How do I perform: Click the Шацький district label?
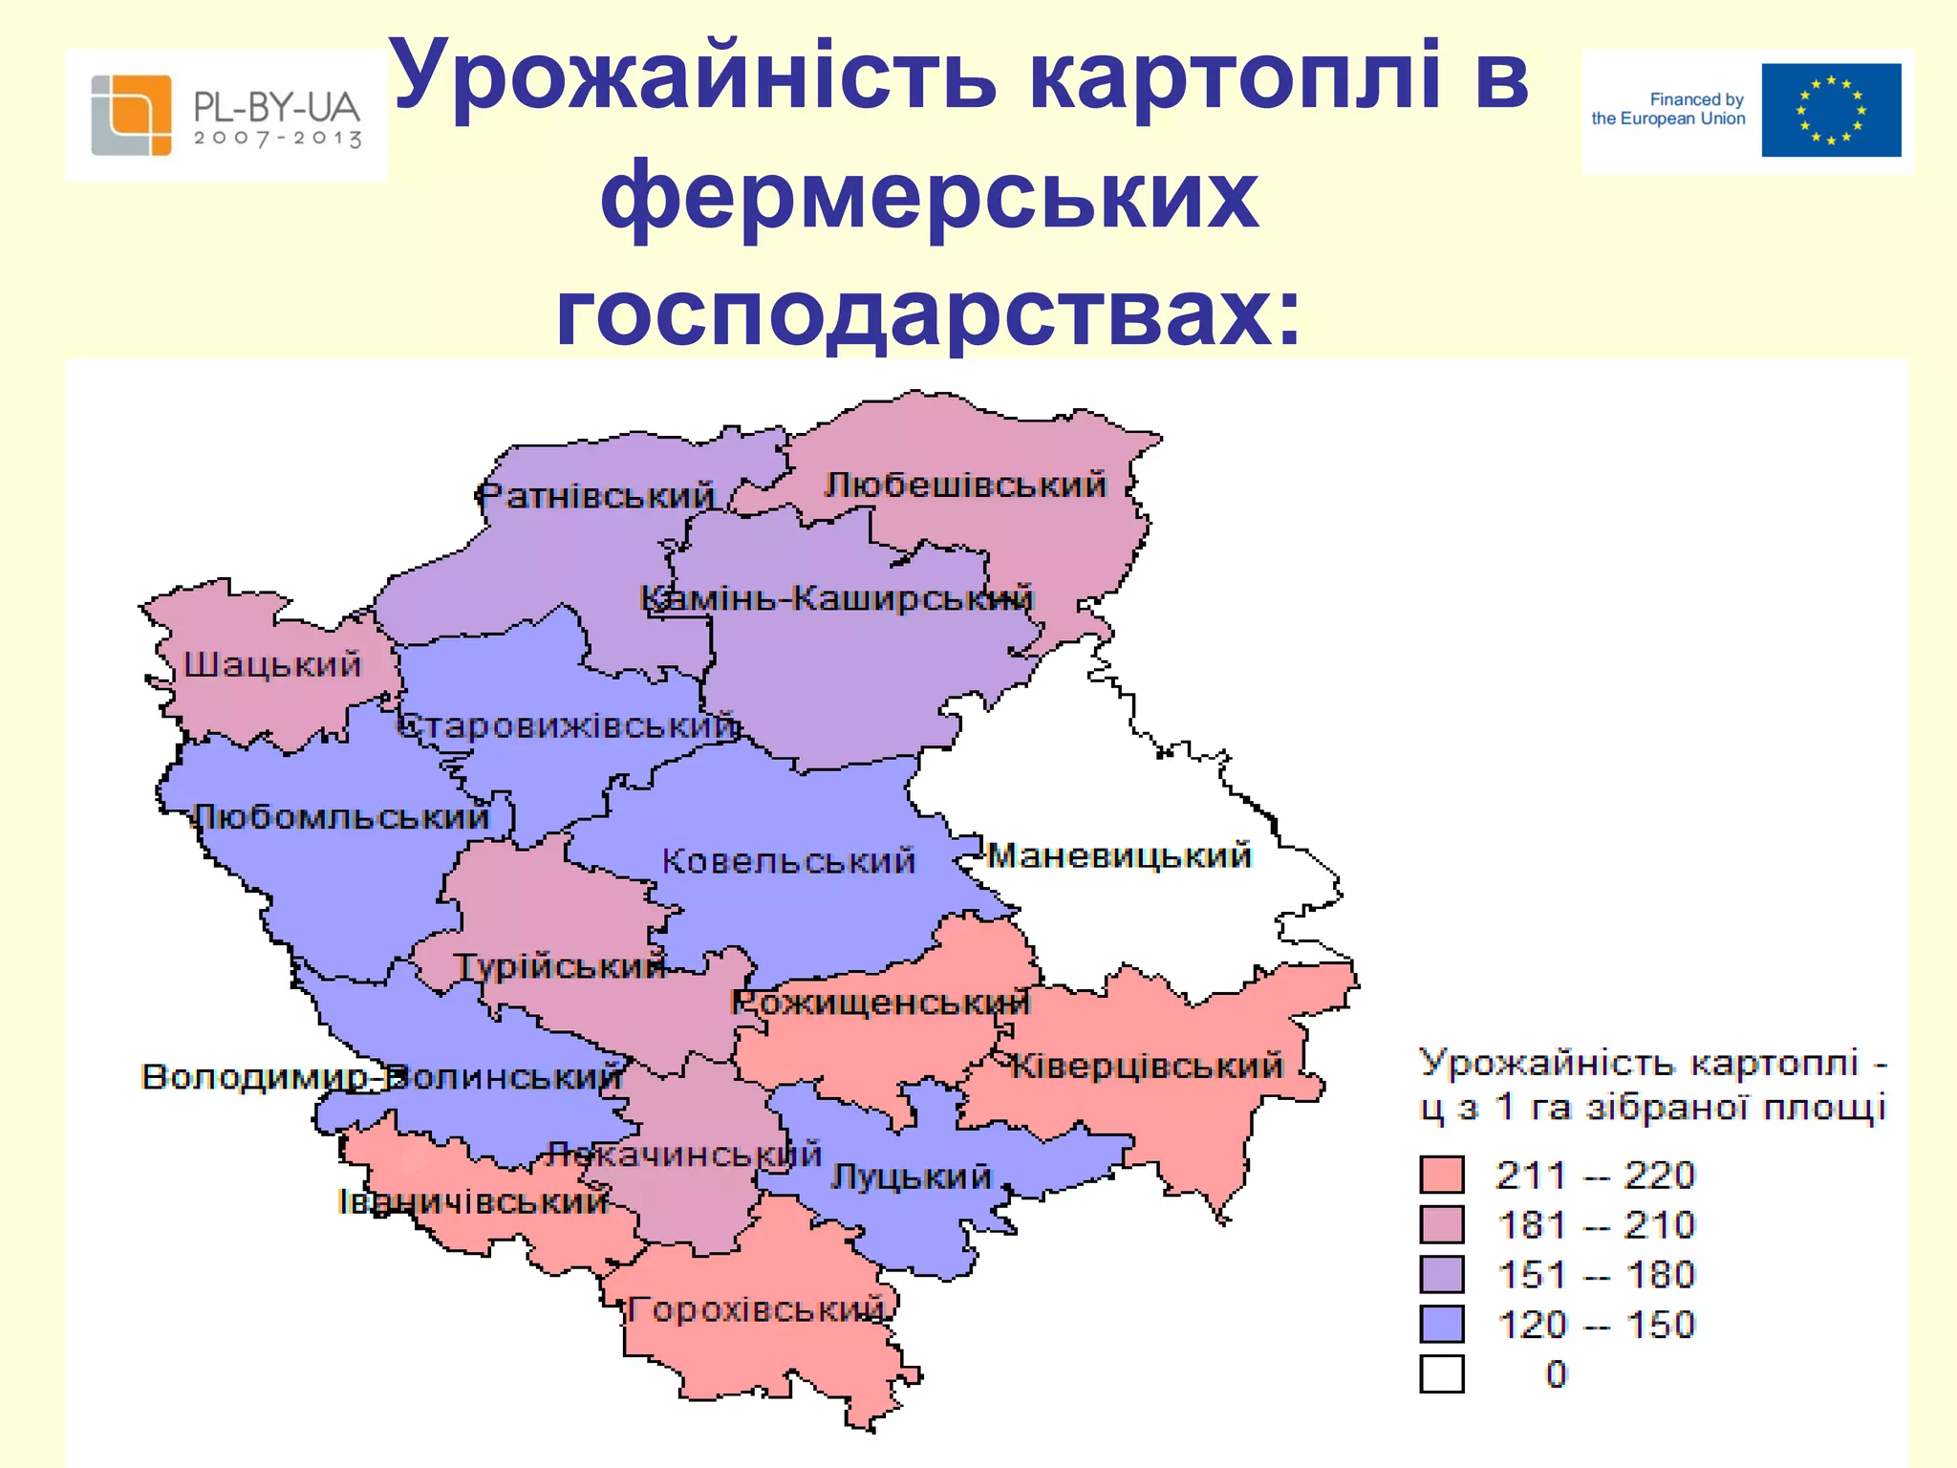coord(272,664)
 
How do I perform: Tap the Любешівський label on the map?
coord(965,486)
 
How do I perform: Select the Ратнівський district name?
coord(595,497)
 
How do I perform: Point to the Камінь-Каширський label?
coord(836,599)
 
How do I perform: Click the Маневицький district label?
coord(1119,855)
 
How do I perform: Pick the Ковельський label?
coord(788,861)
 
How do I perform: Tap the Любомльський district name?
coord(341,818)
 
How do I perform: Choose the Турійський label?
coord(560,966)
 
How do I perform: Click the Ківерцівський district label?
coord(1147,1066)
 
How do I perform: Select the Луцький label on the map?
coord(911,1177)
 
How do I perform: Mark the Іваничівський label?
coord(474,1201)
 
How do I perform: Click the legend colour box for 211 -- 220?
coord(1441,1175)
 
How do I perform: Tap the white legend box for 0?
coord(1441,1374)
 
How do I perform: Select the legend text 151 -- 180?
coord(1596,1275)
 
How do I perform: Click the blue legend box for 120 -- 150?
coord(1441,1325)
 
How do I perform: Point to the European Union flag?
coord(1831,110)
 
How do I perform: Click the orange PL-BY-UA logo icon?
coord(131,115)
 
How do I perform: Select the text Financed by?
coord(1696,99)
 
